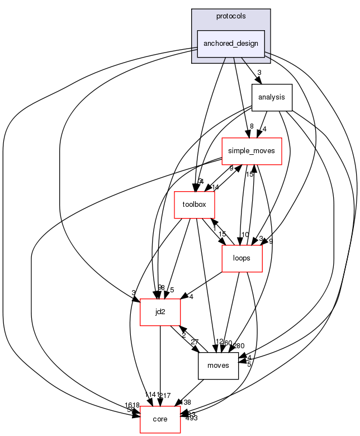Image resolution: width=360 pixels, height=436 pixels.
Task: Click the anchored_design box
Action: (231, 44)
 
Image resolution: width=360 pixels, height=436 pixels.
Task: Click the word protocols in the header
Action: (231, 16)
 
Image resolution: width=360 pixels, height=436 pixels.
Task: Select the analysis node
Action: (272, 97)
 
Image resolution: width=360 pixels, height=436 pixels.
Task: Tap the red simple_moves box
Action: (252, 151)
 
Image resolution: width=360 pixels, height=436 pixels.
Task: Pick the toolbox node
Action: (195, 205)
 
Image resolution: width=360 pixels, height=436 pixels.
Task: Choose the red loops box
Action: (242, 259)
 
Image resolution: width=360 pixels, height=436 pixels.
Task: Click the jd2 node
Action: (160, 311)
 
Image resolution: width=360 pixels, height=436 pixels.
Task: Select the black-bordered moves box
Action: (218, 366)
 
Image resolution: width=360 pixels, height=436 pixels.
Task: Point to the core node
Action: (160, 419)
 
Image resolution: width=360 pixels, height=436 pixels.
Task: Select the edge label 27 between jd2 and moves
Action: (195, 342)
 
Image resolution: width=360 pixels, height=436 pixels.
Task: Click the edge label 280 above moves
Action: (239, 345)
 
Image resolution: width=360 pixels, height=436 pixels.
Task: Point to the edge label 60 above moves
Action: (228, 343)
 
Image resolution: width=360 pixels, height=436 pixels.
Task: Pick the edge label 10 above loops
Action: (244, 234)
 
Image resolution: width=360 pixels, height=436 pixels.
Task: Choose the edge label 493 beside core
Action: (191, 418)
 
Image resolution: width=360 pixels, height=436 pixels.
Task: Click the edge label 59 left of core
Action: (131, 410)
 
